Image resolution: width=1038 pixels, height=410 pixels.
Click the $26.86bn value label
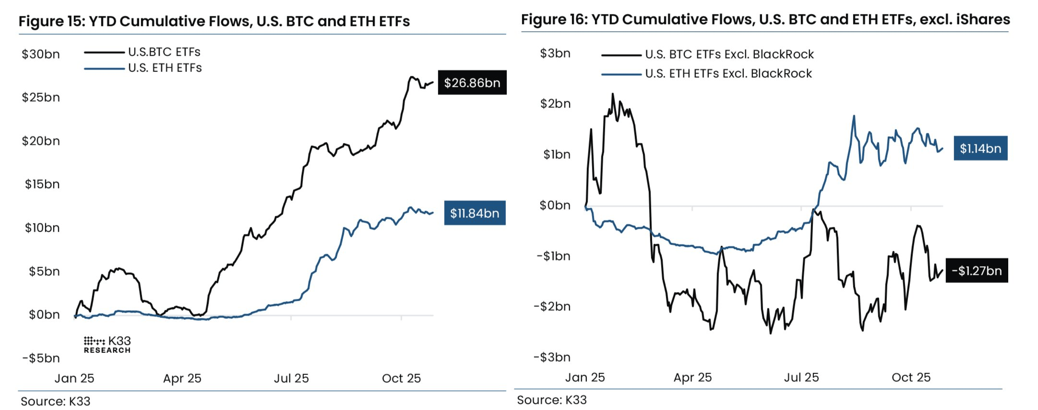click(472, 82)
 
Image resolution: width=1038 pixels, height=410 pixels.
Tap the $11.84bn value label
click(475, 213)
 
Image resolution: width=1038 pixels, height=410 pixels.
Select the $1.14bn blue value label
click(980, 148)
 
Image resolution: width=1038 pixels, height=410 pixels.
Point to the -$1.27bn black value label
click(976, 270)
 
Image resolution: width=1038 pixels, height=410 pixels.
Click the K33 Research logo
click(107, 344)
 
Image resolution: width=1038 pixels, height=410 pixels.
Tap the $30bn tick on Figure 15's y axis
click(41, 54)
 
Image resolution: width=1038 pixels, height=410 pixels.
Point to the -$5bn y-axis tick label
click(41, 358)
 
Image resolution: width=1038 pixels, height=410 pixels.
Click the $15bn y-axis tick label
click(42, 184)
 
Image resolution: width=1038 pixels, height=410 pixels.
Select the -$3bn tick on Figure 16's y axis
click(552, 357)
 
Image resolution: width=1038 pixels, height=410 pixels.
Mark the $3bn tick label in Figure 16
click(555, 53)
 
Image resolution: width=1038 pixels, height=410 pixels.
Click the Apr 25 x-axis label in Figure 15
click(182, 378)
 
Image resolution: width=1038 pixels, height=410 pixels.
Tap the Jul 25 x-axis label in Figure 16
click(801, 377)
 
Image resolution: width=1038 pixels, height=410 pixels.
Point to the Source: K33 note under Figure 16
click(551, 400)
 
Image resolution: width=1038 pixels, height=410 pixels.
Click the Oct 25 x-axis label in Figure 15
click(401, 378)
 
